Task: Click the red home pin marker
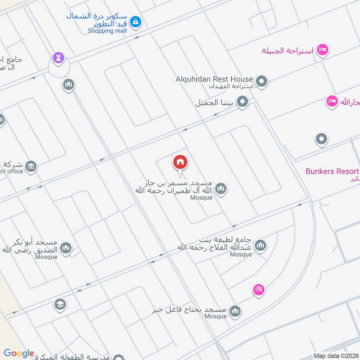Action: point(180,162)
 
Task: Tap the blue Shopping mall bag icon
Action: point(135,21)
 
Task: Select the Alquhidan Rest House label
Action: point(214,79)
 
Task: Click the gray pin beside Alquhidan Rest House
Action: point(262,82)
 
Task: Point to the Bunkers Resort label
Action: point(332,171)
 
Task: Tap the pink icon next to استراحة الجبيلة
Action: point(322,50)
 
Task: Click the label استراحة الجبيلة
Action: point(288,50)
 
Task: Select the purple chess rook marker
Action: point(58,58)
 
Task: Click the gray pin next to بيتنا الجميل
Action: point(243,102)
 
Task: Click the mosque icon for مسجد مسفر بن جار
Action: point(220,189)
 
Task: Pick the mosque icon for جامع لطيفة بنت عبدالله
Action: point(260,246)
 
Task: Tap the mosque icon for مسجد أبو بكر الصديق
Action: point(66,248)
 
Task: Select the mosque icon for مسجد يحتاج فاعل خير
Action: point(235,311)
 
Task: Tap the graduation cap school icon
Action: point(59,305)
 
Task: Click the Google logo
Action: point(19,354)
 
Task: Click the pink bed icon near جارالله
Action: point(332,102)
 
